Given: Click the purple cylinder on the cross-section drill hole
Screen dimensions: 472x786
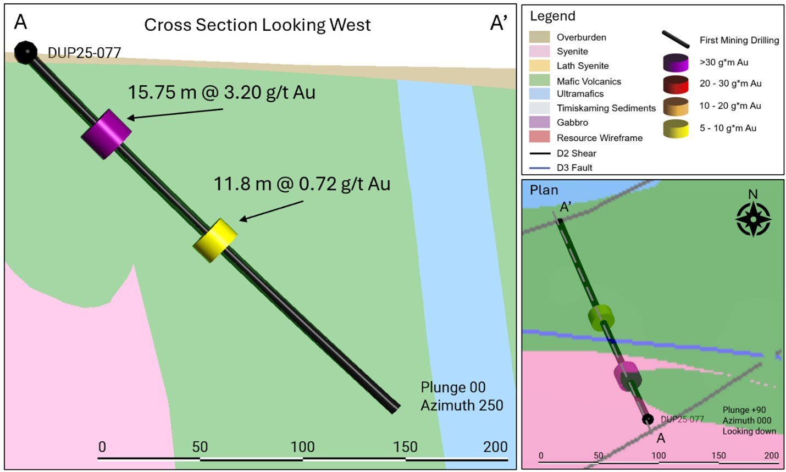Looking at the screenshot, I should pos(106,134).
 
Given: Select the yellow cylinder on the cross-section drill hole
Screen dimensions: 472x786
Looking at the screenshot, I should pos(215,240).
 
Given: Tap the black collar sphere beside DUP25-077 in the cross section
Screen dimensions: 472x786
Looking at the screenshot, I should pos(25,52).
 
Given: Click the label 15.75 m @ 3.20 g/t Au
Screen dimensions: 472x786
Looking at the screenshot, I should pos(222,92).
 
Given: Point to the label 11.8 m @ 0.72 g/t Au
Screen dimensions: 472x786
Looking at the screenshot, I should pos(302,184).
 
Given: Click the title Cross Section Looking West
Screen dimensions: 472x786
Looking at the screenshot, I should pos(257,25).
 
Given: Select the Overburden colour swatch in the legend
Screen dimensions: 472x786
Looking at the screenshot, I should pos(539,37).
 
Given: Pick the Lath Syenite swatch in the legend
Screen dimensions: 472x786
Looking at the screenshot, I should pos(539,65).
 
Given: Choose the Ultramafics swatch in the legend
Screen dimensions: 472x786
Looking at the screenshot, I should pos(539,93).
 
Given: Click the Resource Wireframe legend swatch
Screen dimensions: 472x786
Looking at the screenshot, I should pos(539,137).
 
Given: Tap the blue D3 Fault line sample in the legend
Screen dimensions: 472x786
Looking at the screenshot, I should pos(539,168).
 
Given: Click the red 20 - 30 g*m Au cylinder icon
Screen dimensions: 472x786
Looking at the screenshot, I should pos(676,84).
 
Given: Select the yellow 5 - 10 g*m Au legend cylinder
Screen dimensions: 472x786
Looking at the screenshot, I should pos(676,129).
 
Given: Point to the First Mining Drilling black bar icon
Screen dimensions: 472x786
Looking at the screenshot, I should pos(676,40).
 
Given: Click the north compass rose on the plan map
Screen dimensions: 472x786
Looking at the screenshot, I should pos(753,218).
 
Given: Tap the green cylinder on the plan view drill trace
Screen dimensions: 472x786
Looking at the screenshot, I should pos(600,317).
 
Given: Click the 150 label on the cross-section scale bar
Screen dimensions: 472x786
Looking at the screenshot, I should pos(405,447).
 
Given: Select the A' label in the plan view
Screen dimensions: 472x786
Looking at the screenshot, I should pos(566,207).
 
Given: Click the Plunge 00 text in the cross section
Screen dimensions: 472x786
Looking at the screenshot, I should pos(453,387).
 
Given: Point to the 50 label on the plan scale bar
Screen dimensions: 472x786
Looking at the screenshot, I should pos(599,456).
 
